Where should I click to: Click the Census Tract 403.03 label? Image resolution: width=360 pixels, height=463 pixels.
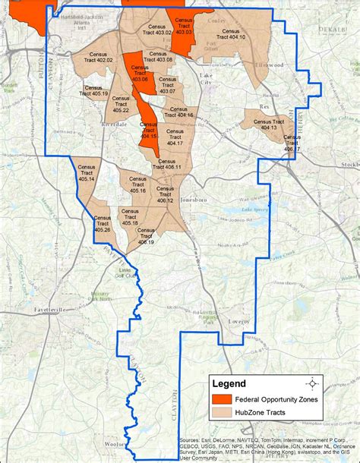[x=184, y=27]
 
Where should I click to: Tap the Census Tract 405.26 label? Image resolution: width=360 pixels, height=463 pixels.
[x=103, y=222]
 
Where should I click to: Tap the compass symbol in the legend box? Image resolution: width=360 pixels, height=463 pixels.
[x=309, y=383]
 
